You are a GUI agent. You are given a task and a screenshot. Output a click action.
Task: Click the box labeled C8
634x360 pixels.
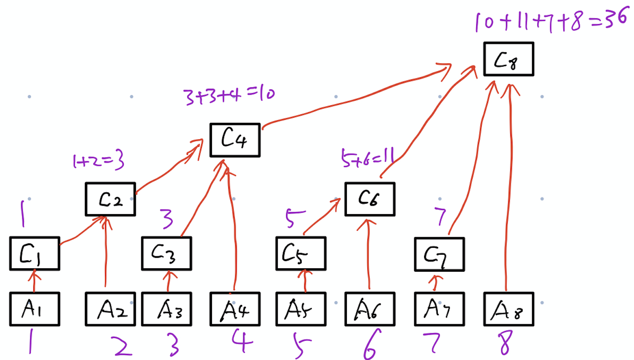point(509,59)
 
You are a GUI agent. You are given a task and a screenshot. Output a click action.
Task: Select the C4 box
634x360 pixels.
point(235,140)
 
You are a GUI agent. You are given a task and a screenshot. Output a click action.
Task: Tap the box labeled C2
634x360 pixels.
point(111,199)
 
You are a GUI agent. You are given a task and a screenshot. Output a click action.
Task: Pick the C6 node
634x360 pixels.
point(369,199)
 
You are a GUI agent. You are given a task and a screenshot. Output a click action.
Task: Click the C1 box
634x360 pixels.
point(35,254)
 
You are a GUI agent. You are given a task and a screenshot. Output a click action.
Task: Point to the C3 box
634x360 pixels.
point(166,254)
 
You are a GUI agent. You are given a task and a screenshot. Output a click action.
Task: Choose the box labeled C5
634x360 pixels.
point(301,254)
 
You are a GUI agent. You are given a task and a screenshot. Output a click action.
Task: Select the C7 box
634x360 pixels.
point(439,255)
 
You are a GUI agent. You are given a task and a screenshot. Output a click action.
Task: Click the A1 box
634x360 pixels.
point(35,309)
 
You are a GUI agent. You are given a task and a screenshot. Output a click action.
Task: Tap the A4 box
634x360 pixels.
point(235,309)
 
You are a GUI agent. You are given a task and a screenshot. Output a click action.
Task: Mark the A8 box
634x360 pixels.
point(509,309)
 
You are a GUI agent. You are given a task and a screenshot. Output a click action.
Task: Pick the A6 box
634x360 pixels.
point(369,309)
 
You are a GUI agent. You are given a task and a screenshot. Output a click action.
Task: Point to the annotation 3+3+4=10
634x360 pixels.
point(229,95)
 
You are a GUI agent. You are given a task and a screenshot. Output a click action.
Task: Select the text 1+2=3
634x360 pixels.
point(99,161)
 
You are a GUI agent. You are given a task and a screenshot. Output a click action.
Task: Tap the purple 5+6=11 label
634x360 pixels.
point(367,158)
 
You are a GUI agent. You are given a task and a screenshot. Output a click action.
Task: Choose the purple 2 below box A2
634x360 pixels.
point(122,345)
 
